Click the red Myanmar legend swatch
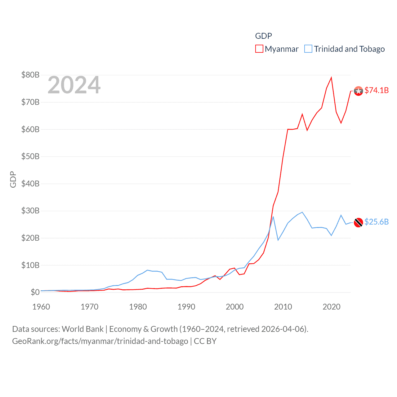pos(259,49)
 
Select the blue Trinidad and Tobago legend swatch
pos(308,49)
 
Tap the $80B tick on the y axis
pos(30,75)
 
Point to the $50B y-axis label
pos(30,156)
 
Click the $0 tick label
pos(35,292)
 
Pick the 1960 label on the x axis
pos(41,307)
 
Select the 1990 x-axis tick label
pos(186,307)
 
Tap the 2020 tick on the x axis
pos(332,307)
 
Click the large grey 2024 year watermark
pos(74,85)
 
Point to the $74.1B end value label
pos(377,90)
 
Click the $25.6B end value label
pos(377,222)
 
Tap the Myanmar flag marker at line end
pos(358,91)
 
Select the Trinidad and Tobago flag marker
pos(358,222)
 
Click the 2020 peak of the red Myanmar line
pos(331,78)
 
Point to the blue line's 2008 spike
pos(273,216)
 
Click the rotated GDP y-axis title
pos(13,179)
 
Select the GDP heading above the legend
pos(263,36)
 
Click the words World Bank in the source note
pos(83,329)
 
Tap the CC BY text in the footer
pos(205,341)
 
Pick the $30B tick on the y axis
pos(30,211)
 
